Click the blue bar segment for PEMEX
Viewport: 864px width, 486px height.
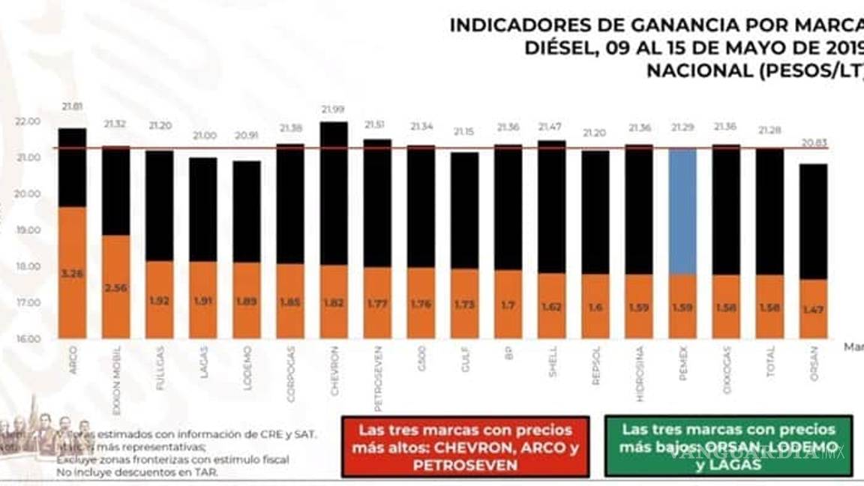tap(682, 211)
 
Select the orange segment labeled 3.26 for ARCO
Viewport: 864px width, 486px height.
tap(73, 273)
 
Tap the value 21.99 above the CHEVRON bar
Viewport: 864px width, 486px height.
tap(334, 109)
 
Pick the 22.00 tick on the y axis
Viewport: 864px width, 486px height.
tap(28, 121)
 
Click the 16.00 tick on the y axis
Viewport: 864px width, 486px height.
tap(28, 339)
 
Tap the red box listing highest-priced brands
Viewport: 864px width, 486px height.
tap(465, 447)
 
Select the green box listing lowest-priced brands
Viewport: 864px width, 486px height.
tap(728, 446)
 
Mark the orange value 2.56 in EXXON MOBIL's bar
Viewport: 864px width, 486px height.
tap(116, 287)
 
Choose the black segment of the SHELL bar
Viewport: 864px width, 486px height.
tap(552, 206)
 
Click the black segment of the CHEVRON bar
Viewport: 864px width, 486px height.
tap(334, 193)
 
